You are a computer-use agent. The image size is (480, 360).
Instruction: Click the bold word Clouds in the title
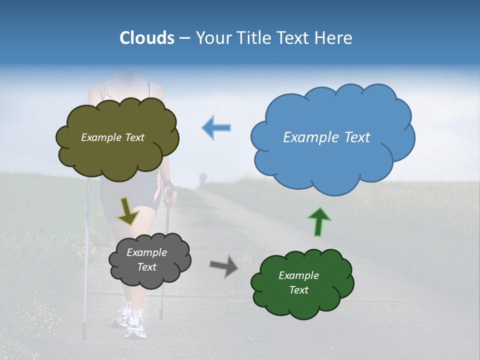coord(146,38)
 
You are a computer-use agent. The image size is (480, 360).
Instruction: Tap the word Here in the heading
coord(334,38)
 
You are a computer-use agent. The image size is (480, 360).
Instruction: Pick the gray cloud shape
coord(149,259)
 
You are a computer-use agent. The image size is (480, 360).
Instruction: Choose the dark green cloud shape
coord(302,282)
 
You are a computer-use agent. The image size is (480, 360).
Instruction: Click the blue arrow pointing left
coord(216,127)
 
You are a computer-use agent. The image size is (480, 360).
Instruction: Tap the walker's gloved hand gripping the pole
coord(169,189)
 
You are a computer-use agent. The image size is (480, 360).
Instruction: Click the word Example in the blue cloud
coord(308,137)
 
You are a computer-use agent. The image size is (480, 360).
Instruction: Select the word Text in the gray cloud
coord(147,267)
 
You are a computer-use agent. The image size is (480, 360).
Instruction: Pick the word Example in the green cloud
coord(298,275)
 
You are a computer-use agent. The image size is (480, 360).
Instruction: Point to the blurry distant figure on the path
coord(203,178)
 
